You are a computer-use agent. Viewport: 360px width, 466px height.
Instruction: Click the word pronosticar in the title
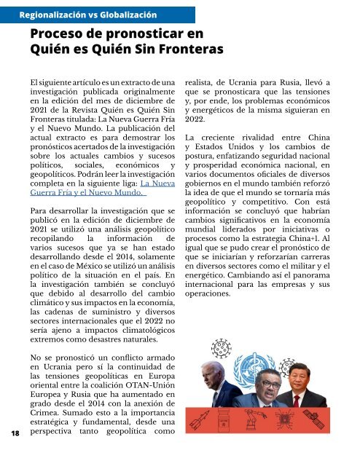[x=143, y=33]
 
